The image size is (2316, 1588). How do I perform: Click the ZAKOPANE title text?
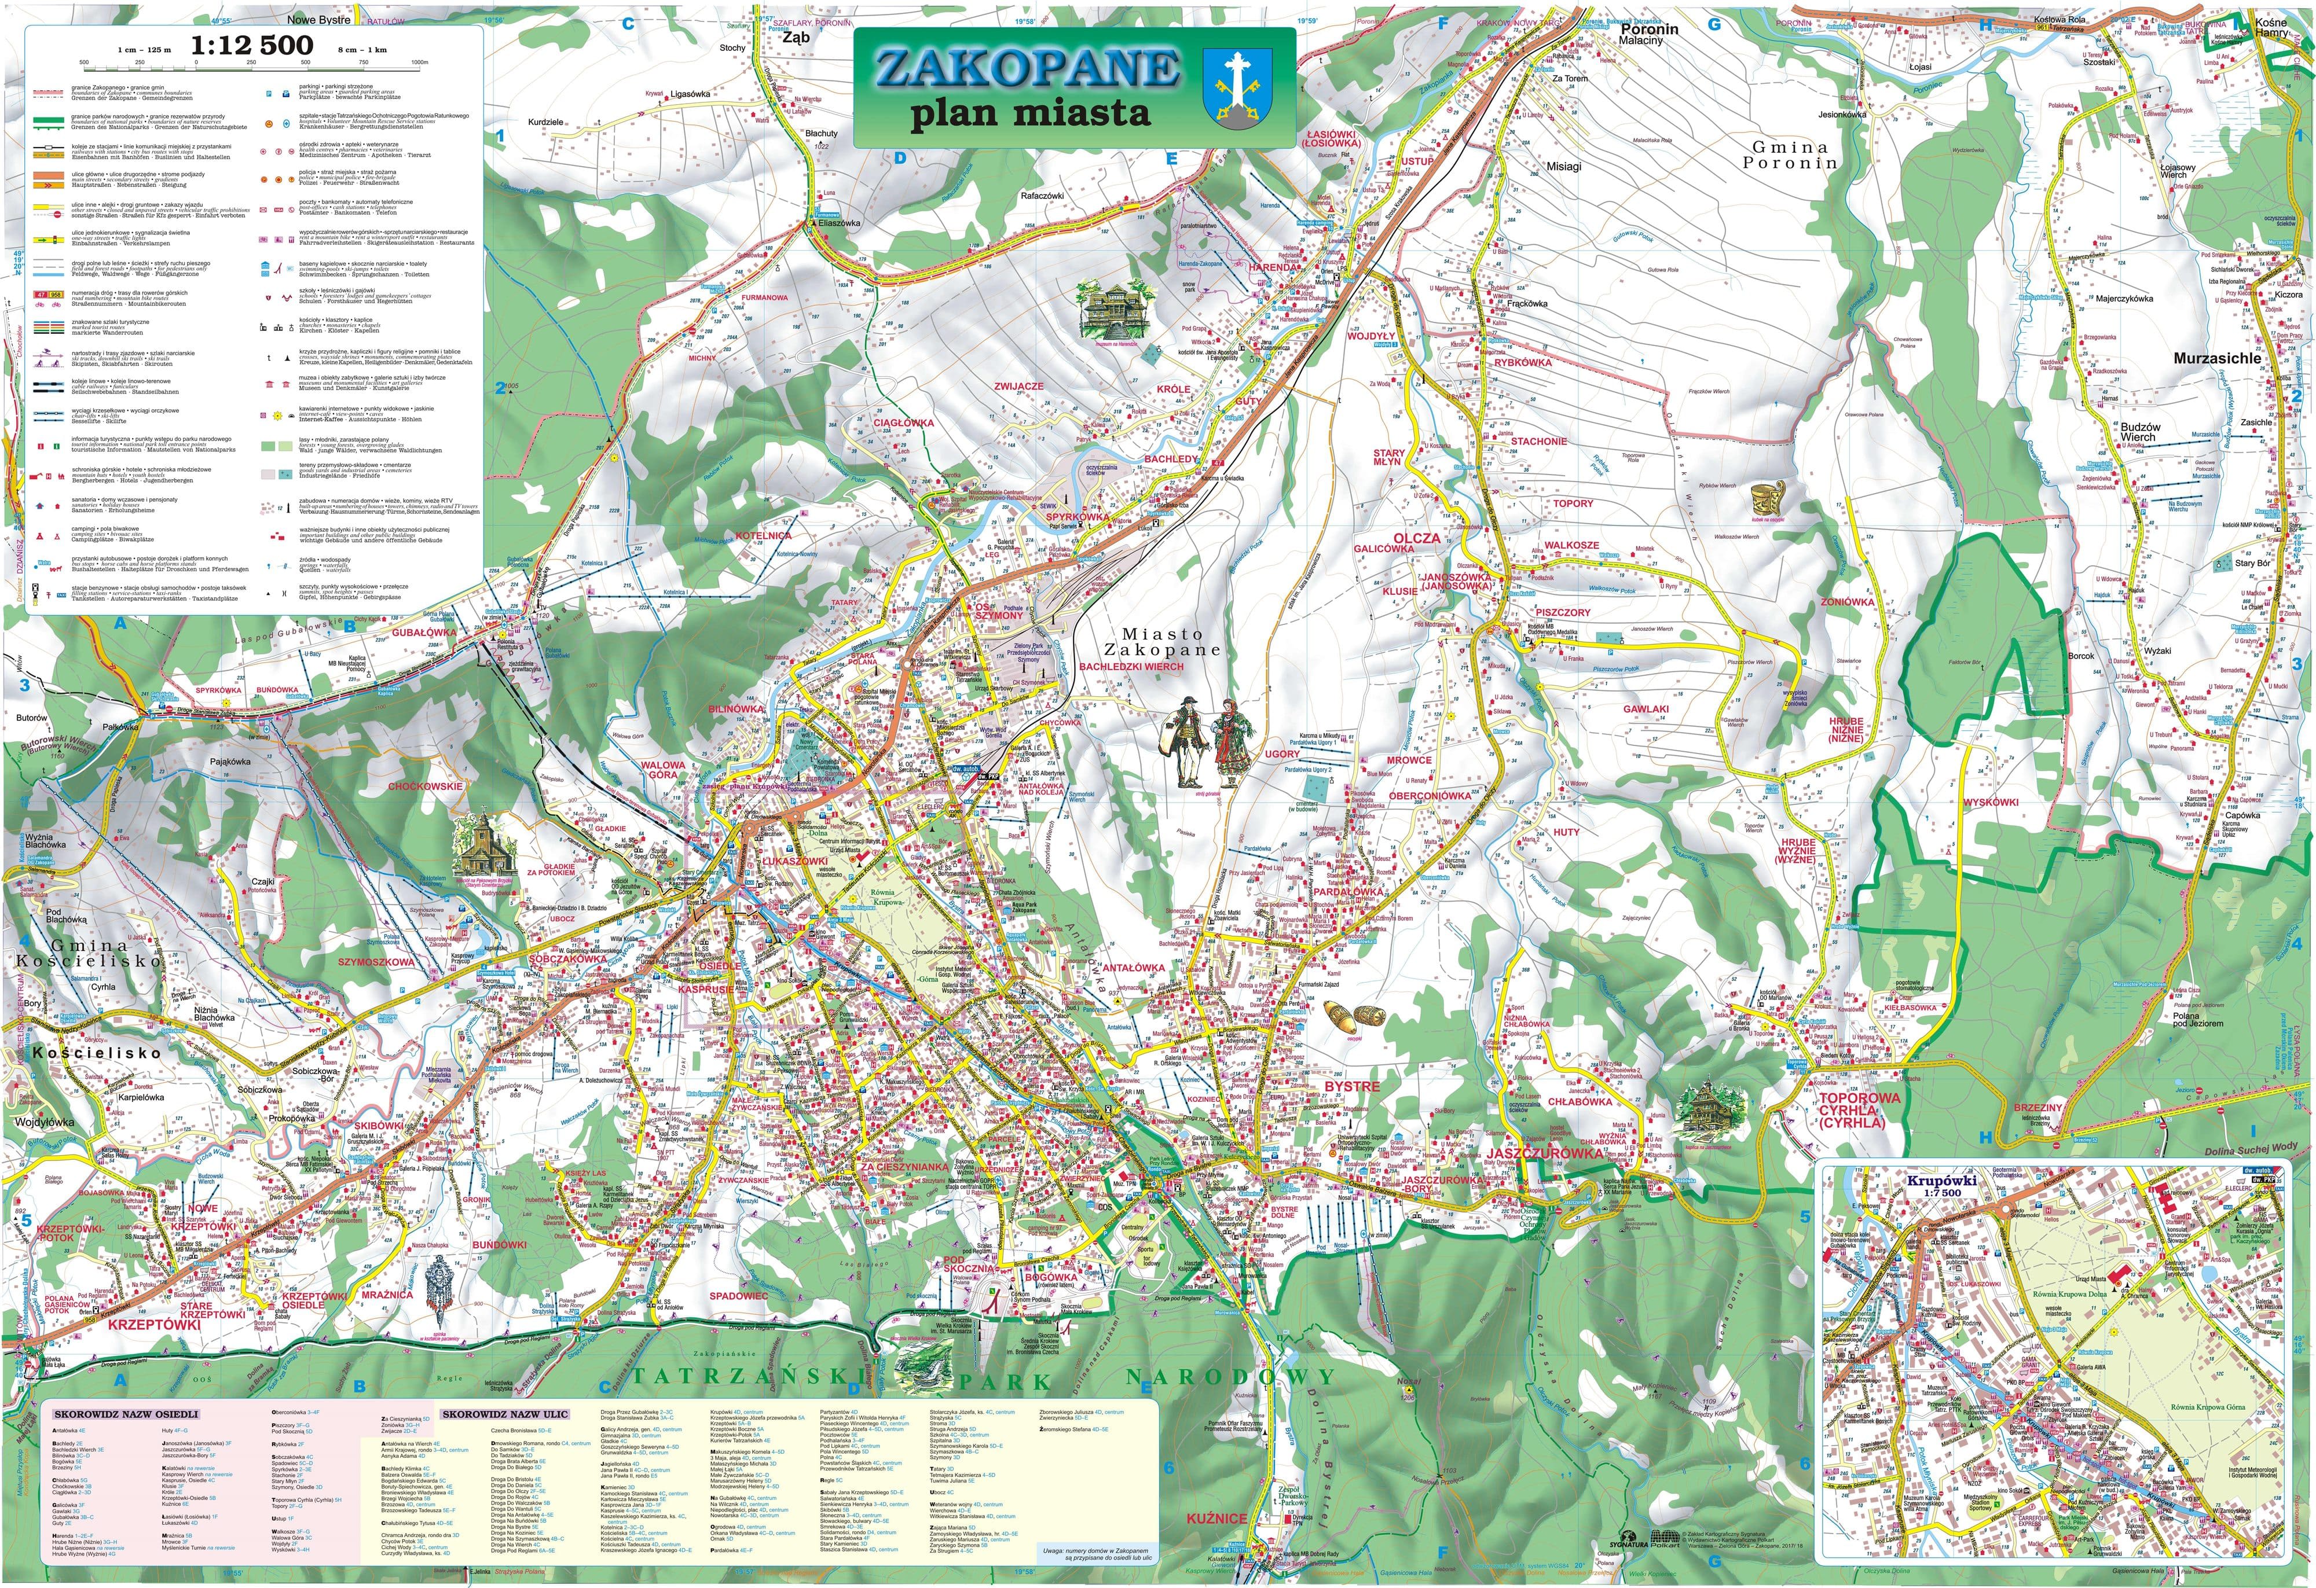pyautogui.click(x=1027, y=68)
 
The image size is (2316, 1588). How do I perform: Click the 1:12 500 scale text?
pyautogui.click(x=251, y=45)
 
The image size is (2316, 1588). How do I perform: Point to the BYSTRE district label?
pyautogui.click(x=1353, y=1086)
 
